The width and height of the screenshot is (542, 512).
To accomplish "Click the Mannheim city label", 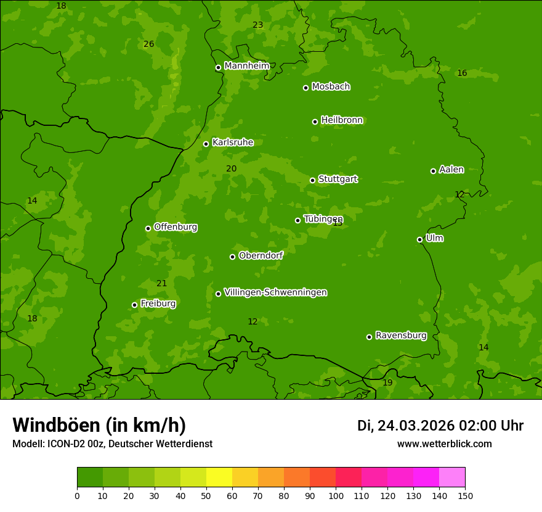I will tap(246, 66).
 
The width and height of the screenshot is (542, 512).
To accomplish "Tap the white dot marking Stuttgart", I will tap(312, 180).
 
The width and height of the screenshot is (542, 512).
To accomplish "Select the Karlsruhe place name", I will tap(232, 142).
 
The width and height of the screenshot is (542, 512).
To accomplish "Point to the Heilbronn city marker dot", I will tap(315, 122).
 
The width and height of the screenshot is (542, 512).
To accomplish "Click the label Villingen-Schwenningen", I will tap(275, 292).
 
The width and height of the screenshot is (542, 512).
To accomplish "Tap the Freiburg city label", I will tap(158, 303).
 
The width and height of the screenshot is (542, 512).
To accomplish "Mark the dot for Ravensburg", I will tap(369, 337).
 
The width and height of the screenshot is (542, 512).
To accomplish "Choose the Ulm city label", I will tap(434, 238).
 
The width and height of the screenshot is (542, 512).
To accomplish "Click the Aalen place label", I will tap(451, 170).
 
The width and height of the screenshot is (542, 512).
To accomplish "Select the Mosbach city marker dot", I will tap(305, 88).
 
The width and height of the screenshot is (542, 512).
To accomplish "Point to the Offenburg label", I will tap(175, 227).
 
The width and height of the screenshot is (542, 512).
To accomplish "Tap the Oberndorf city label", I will tap(261, 255).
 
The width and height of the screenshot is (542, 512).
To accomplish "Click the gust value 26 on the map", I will tap(148, 44).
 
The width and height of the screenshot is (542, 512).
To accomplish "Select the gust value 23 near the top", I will tap(257, 25).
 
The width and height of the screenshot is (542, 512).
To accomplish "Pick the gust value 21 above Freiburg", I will tap(161, 283).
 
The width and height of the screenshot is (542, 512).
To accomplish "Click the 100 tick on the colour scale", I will tap(336, 495).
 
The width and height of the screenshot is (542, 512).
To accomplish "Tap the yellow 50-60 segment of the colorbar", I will tap(219, 477).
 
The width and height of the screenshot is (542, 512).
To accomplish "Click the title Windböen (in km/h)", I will tap(99, 425).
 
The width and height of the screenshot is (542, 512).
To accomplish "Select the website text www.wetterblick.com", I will tap(444, 444).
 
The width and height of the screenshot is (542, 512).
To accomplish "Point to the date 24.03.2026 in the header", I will tap(416, 426).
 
